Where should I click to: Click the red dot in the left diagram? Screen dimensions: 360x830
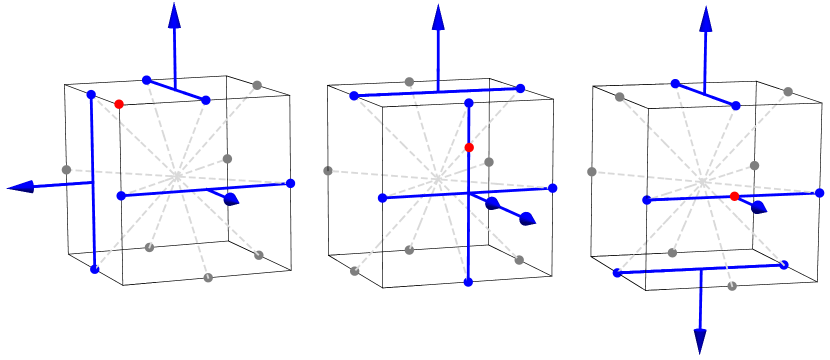(x=119, y=104)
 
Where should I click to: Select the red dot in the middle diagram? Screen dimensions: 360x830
(x=469, y=148)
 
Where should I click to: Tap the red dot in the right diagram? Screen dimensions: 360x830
(x=734, y=197)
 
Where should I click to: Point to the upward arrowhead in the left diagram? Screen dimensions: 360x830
(x=174, y=14)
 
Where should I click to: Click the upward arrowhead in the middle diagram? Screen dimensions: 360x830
(x=438, y=16)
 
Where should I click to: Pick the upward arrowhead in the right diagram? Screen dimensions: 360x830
(x=706, y=18)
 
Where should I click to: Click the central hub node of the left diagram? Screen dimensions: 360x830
(x=177, y=177)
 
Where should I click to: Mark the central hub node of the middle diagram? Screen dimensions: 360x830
(x=437, y=179)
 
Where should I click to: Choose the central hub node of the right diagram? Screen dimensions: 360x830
(x=703, y=182)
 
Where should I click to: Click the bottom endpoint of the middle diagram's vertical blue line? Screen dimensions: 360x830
(x=468, y=283)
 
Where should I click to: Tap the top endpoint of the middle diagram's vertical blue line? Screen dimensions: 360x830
(x=468, y=102)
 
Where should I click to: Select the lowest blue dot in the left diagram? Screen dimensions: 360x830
(x=94, y=269)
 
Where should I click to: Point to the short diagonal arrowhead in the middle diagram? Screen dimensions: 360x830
(x=526, y=218)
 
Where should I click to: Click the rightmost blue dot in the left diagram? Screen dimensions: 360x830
(x=291, y=183)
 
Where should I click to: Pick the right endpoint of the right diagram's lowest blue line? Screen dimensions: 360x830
(x=784, y=265)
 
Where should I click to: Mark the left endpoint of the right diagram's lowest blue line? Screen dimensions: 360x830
(x=617, y=272)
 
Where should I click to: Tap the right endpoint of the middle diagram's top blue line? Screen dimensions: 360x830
(x=521, y=88)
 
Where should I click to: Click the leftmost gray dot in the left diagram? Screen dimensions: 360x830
(x=66, y=170)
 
